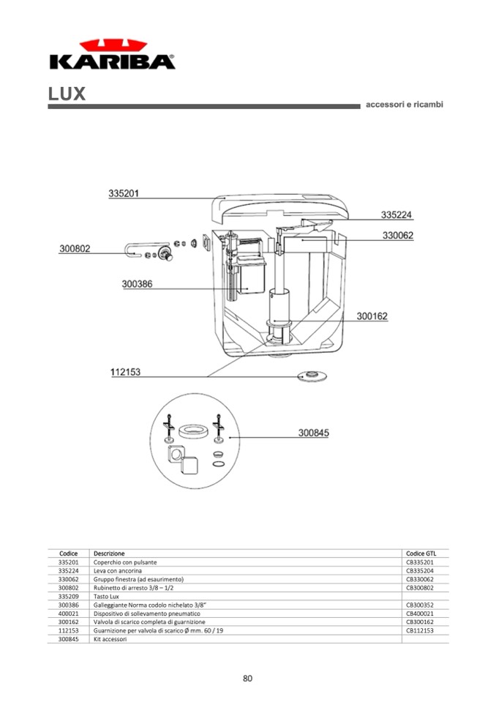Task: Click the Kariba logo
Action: point(112,54)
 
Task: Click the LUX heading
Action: point(67,94)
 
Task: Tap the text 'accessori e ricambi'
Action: point(405,105)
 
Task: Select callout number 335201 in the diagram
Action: point(124,193)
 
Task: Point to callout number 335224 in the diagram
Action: point(397,215)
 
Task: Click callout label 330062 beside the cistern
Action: point(398,236)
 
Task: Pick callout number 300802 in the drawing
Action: point(75,248)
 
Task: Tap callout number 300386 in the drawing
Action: point(137,284)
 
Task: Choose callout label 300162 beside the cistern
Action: point(372,316)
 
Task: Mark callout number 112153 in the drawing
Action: point(126,372)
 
